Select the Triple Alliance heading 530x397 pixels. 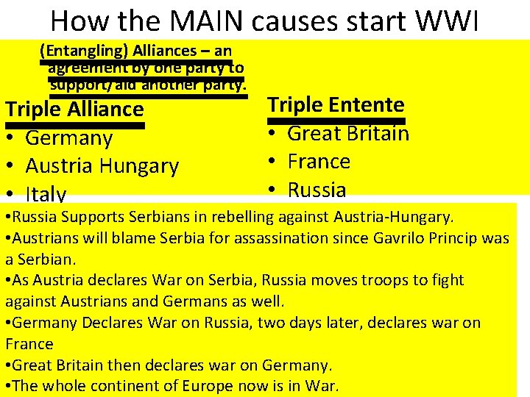point(74,110)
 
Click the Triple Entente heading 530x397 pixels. point(336,104)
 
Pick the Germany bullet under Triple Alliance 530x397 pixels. point(68,138)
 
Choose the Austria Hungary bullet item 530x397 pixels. point(102,166)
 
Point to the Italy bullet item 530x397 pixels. point(46,194)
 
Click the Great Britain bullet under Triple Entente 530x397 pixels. point(347,133)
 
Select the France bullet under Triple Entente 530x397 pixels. point(318,161)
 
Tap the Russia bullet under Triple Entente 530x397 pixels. point(317,190)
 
